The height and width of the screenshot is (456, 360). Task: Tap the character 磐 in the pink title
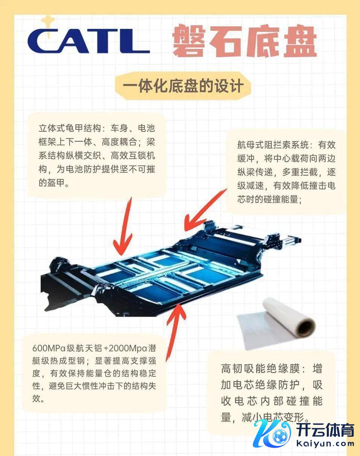[x=189, y=40]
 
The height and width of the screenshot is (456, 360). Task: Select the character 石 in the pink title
[x=226, y=41]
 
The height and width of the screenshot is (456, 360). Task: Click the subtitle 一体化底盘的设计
[x=183, y=86]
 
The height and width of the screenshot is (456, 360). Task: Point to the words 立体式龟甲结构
[x=70, y=128]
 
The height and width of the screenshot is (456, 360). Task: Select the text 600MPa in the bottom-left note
[x=49, y=348]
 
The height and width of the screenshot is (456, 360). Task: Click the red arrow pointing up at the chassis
[x=176, y=333]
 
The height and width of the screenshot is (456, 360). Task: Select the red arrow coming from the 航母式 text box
[x=204, y=210]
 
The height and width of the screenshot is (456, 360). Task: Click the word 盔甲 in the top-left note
[x=52, y=182]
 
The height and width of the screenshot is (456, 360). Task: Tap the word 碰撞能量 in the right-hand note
[x=281, y=199]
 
